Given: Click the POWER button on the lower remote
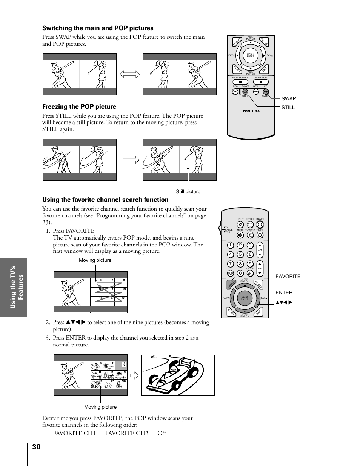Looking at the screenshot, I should tap(260, 224).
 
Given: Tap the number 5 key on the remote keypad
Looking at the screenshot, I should tap(240, 254).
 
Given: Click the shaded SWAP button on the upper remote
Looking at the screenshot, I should tap(266, 91).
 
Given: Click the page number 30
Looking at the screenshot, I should tap(36, 447).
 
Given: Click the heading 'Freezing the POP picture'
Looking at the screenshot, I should tap(79, 107).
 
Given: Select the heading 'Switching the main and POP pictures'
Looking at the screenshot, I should tap(98, 28).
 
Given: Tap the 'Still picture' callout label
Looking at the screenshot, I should tap(188, 191).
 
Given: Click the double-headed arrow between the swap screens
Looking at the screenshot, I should tap(129, 74).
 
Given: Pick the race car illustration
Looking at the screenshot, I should tap(177, 375).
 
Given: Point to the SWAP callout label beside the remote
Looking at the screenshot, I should tap(289, 99).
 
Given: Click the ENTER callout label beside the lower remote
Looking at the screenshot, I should tap(284, 292).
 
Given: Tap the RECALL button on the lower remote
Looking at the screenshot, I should tap(250, 224).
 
